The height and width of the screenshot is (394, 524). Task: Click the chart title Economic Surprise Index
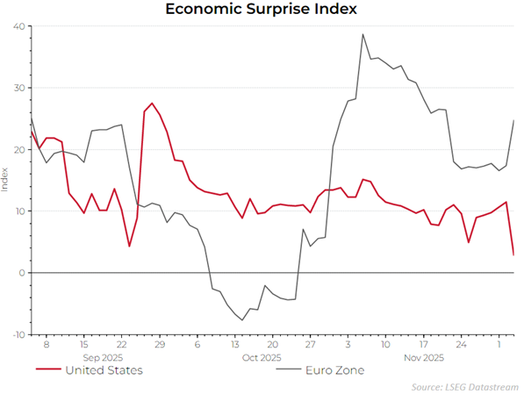(x=262, y=10)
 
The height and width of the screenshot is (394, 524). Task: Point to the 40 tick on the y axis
(x=17, y=26)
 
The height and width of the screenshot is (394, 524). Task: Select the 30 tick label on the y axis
(x=17, y=88)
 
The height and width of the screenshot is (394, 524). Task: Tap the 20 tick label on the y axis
(x=17, y=149)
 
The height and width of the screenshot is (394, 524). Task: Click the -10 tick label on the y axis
(x=16, y=334)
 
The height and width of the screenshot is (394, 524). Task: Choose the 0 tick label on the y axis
(x=20, y=273)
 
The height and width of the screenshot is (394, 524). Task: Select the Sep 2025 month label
(x=102, y=358)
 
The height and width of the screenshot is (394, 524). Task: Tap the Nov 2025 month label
(x=424, y=358)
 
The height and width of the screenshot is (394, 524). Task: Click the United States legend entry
(x=103, y=370)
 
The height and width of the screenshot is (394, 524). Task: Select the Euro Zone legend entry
(x=331, y=370)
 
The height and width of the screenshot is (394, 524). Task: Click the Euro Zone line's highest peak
(x=362, y=34)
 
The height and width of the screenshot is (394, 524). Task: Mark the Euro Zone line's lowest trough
(x=242, y=320)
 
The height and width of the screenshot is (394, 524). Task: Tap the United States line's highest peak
(x=152, y=104)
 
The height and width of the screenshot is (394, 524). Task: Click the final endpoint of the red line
(x=513, y=254)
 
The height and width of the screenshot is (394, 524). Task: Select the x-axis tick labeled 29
(x=159, y=346)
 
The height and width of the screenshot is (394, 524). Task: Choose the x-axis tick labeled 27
(x=310, y=346)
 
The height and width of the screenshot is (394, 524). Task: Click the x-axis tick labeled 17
(x=423, y=346)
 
